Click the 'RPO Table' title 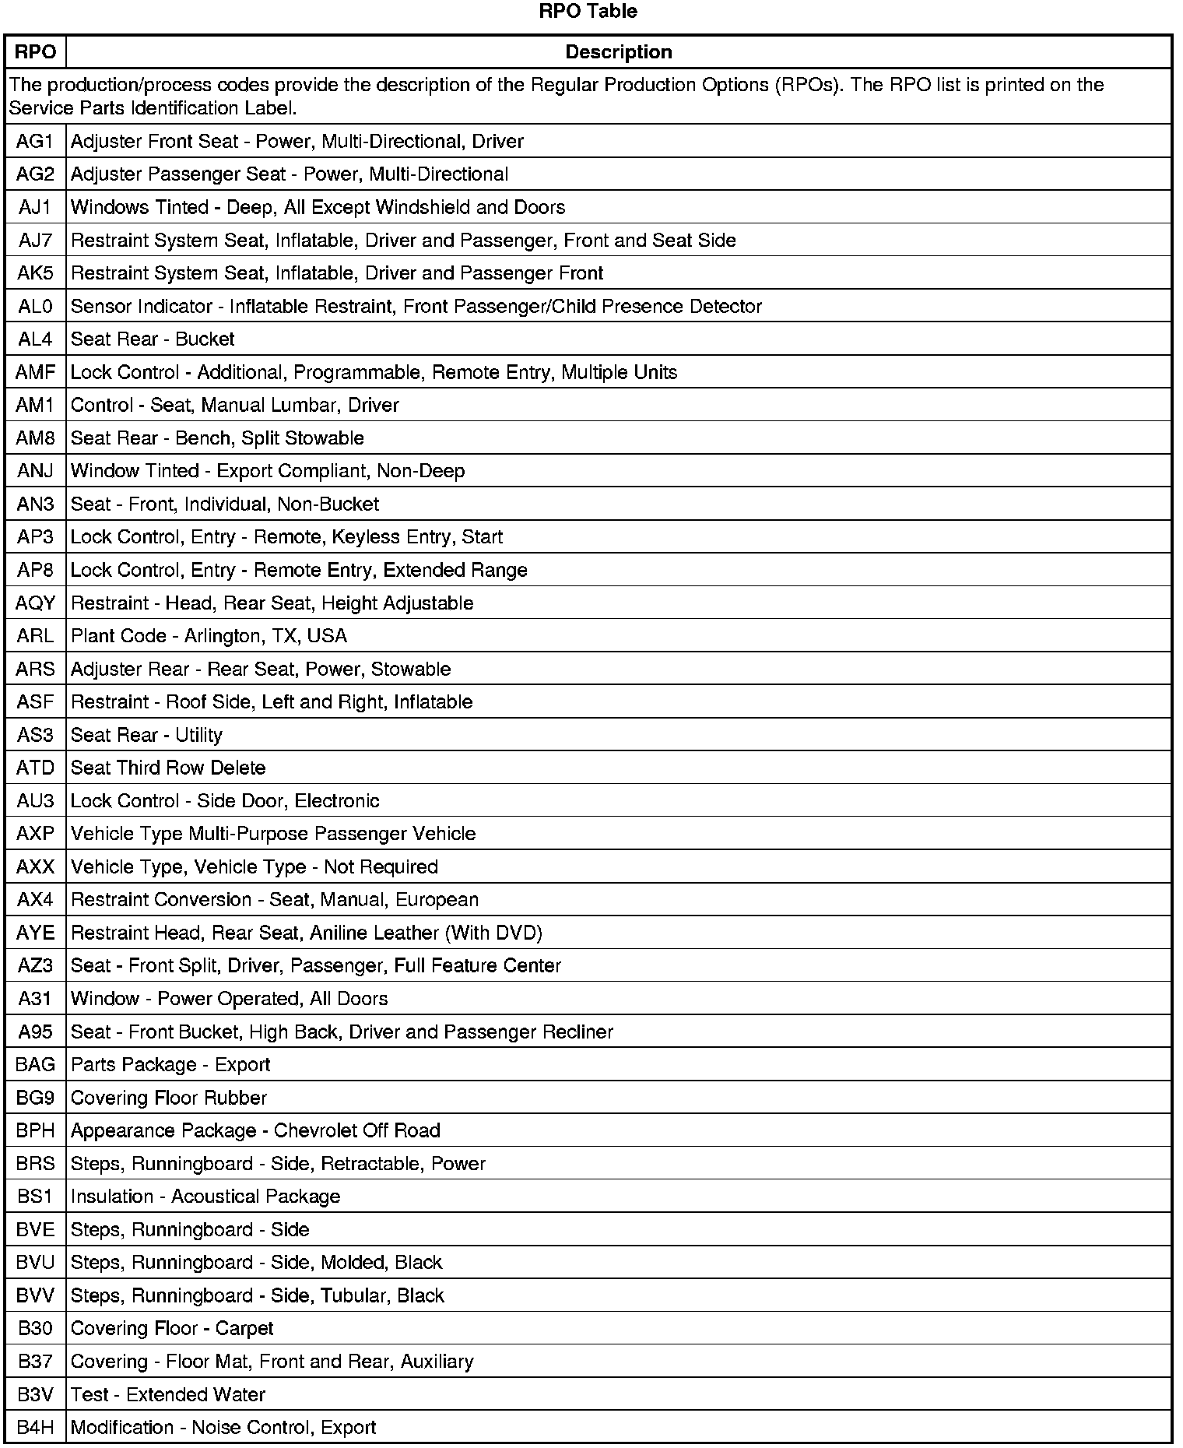[588, 11]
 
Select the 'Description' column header [618, 52]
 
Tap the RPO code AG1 [35, 142]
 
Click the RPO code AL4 [35, 339]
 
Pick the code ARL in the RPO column [35, 636]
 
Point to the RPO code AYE [35, 933]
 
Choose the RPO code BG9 [35, 1098]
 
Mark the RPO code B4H [35, 1427]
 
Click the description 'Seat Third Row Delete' [168, 768]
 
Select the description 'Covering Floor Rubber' [169, 1098]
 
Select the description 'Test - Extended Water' [168, 1394]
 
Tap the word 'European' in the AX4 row [437, 900]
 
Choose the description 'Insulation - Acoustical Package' [205, 1197]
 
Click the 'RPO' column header [35, 52]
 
